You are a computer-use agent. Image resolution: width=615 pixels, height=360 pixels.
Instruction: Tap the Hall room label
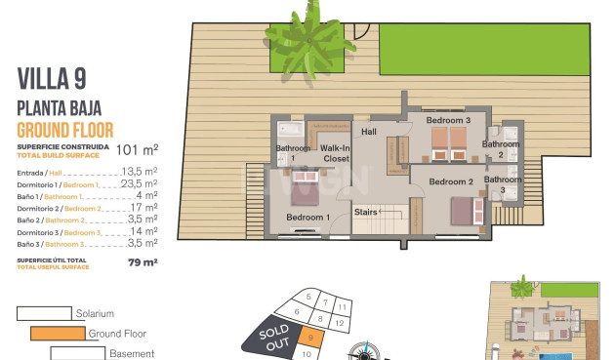pos(369,131)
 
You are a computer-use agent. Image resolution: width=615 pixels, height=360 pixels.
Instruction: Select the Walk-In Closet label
pos(336,152)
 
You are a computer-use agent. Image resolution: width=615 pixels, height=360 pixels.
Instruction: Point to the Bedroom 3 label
pos(447,120)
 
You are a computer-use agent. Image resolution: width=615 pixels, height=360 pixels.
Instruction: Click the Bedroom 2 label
pos(451,181)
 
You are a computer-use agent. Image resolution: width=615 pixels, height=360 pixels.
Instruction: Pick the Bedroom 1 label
pos(307,217)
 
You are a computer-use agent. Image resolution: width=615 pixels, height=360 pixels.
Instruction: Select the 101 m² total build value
pos(137,149)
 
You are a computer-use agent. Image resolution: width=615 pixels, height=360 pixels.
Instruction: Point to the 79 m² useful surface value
pos(143,261)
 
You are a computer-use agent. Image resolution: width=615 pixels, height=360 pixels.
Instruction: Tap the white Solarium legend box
pos(44,313)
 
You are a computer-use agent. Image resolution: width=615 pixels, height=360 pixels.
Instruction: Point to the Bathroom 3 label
pos(503,185)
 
